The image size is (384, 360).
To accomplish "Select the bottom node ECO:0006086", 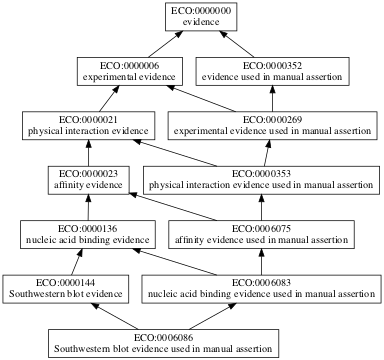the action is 162,342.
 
